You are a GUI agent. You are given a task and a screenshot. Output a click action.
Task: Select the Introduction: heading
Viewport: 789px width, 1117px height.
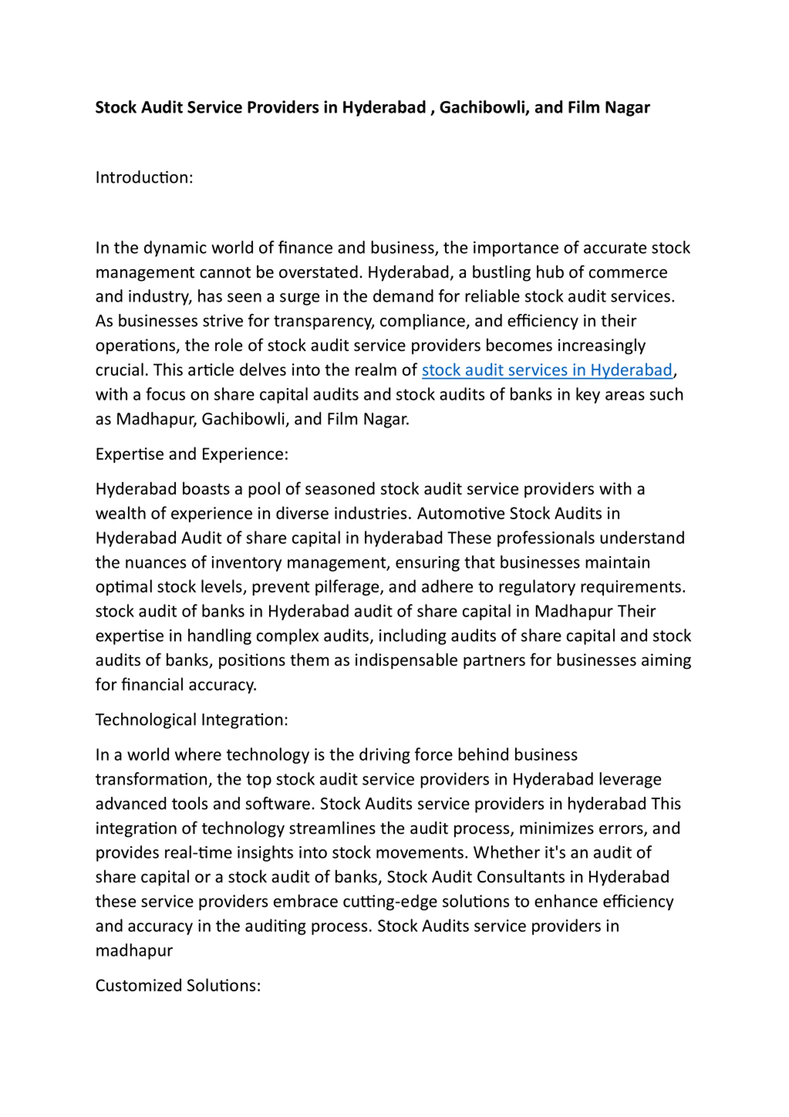pyautogui.click(x=144, y=178)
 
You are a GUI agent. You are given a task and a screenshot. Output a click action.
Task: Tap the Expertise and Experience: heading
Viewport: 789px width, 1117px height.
pyautogui.click(x=192, y=454)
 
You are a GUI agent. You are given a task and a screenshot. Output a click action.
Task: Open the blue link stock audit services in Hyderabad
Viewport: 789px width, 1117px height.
pyautogui.click(x=547, y=370)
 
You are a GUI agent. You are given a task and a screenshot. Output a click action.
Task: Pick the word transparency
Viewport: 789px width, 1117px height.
pyautogui.click(x=324, y=321)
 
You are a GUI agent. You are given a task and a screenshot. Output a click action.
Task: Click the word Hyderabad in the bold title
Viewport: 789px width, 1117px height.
pyautogui.click(x=384, y=108)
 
